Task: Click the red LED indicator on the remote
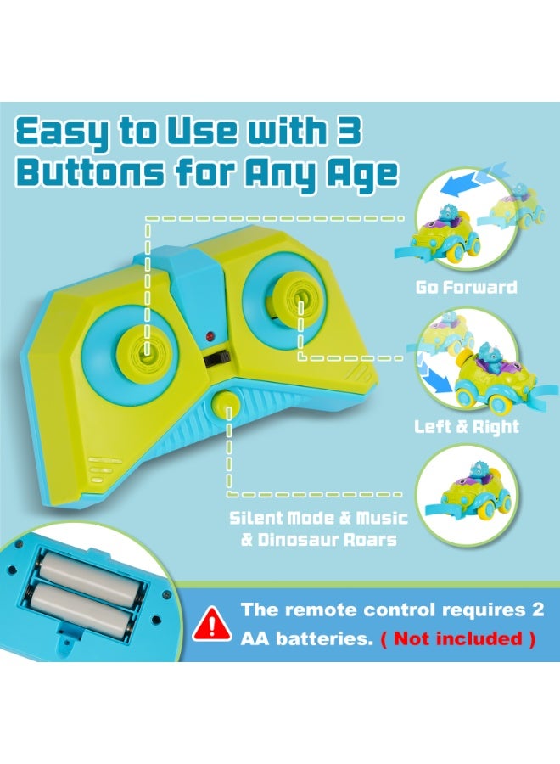point(210,335)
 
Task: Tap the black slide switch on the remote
point(216,359)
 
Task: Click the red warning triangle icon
point(212,624)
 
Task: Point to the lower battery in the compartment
point(80,610)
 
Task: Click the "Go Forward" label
point(466,287)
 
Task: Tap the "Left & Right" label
point(467,426)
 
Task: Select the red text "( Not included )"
point(457,638)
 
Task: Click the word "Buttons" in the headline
point(91,172)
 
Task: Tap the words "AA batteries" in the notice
point(306,638)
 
